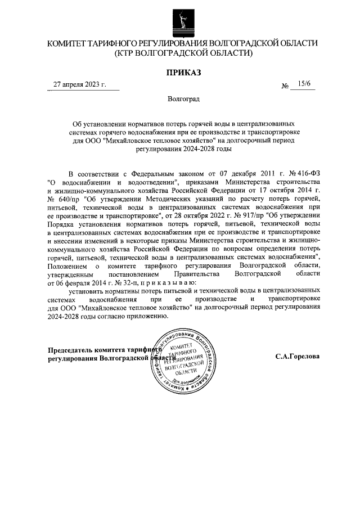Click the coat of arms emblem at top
[181, 20]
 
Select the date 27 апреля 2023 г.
[79, 84]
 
